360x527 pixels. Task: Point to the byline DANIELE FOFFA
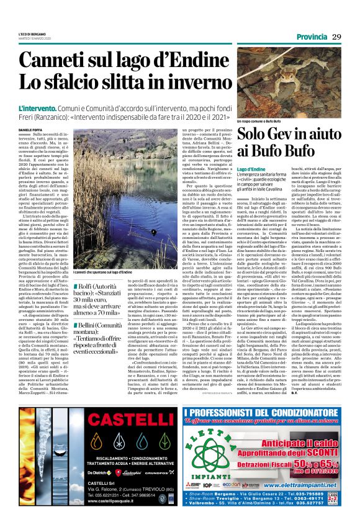click(x=32, y=130)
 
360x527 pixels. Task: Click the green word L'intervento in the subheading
click(x=38, y=107)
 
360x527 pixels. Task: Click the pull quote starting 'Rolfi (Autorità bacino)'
click(x=100, y=295)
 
